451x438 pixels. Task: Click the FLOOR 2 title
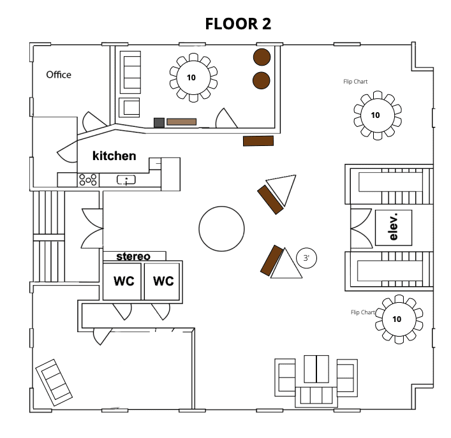tap(238, 24)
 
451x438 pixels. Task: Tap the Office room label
tap(59, 75)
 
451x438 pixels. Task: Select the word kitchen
tap(114, 156)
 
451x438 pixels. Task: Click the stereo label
tap(133, 256)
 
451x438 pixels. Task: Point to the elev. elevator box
tap(394, 228)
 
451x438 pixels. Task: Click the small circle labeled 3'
tap(306, 258)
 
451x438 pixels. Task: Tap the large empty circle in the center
tap(221, 229)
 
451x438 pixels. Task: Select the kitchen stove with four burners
tap(88, 180)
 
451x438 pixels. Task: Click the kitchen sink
tap(126, 180)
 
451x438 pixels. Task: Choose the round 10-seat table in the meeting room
tap(193, 78)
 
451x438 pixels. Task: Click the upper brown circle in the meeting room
tap(262, 57)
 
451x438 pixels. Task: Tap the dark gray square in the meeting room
tap(159, 122)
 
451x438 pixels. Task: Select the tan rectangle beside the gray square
tap(182, 122)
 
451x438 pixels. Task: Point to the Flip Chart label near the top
tap(355, 82)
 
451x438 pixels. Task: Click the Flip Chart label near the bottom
tap(363, 312)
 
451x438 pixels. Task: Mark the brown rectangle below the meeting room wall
tap(258, 141)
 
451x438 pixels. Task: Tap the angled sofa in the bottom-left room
tap(54, 383)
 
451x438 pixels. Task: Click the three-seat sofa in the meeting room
tap(130, 72)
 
